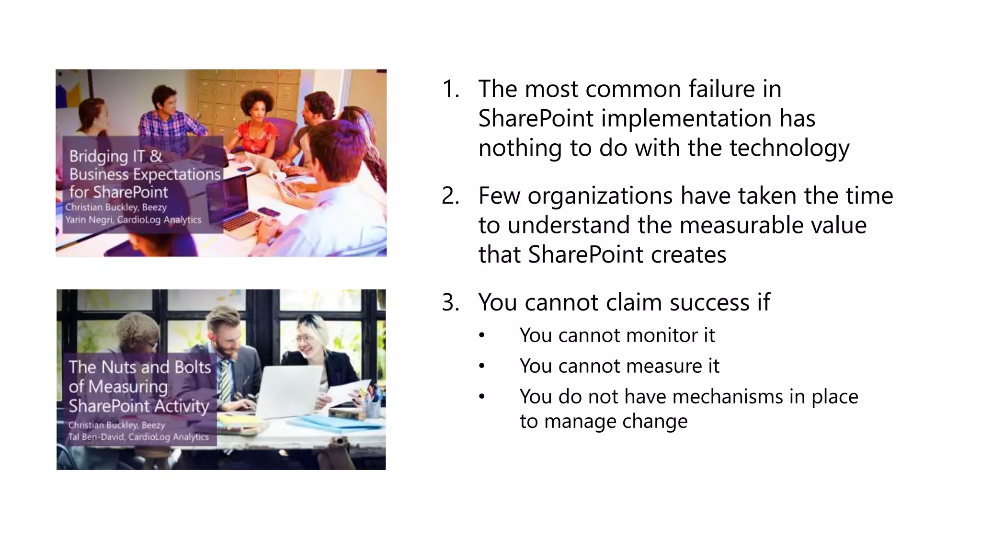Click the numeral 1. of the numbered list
tap(450, 90)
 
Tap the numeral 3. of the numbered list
tap(450, 303)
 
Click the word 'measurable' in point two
tap(708, 226)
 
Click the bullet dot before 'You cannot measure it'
tap(482, 367)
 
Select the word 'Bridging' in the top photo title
tap(99, 156)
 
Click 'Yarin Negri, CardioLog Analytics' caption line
tap(133, 220)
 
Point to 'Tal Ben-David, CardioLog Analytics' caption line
tap(138, 437)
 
